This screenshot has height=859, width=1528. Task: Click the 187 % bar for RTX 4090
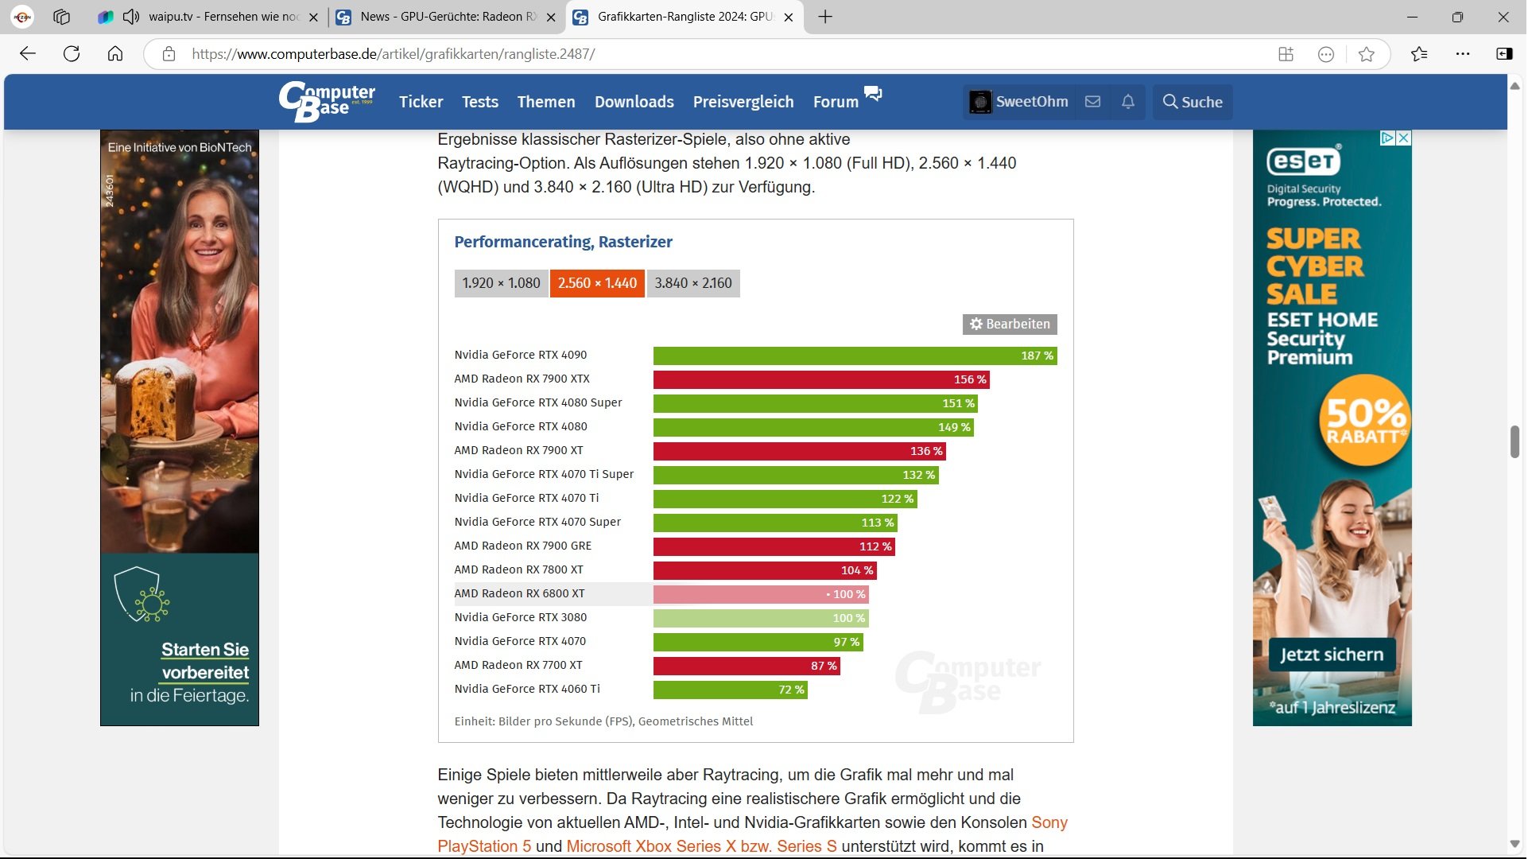(855, 356)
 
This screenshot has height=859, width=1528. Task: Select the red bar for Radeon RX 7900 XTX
(821, 379)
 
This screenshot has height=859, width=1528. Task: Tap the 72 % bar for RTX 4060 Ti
(731, 690)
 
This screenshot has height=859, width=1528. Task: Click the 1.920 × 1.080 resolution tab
(501, 283)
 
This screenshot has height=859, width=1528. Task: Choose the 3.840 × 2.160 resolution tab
(693, 283)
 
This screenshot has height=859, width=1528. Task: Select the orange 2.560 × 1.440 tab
(597, 283)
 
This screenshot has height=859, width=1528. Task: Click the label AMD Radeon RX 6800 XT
(519, 593)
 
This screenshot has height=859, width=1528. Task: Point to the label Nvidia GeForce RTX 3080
(521, 617)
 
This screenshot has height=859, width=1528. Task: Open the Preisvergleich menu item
(743, 102)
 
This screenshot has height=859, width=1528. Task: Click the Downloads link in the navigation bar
(634, 102)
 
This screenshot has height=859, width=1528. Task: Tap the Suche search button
(1193, 102)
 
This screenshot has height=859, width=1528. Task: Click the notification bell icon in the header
(1128, 102)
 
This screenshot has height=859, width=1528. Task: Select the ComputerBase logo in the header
(327, 102)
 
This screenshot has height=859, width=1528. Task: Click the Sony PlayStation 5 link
(751, 834)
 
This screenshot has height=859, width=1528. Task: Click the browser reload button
(72, 54)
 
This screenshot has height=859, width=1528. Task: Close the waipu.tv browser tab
(313, 17)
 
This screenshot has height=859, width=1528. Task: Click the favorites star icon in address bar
(1367, 54)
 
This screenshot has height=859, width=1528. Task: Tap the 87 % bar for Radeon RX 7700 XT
(747, 666)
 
